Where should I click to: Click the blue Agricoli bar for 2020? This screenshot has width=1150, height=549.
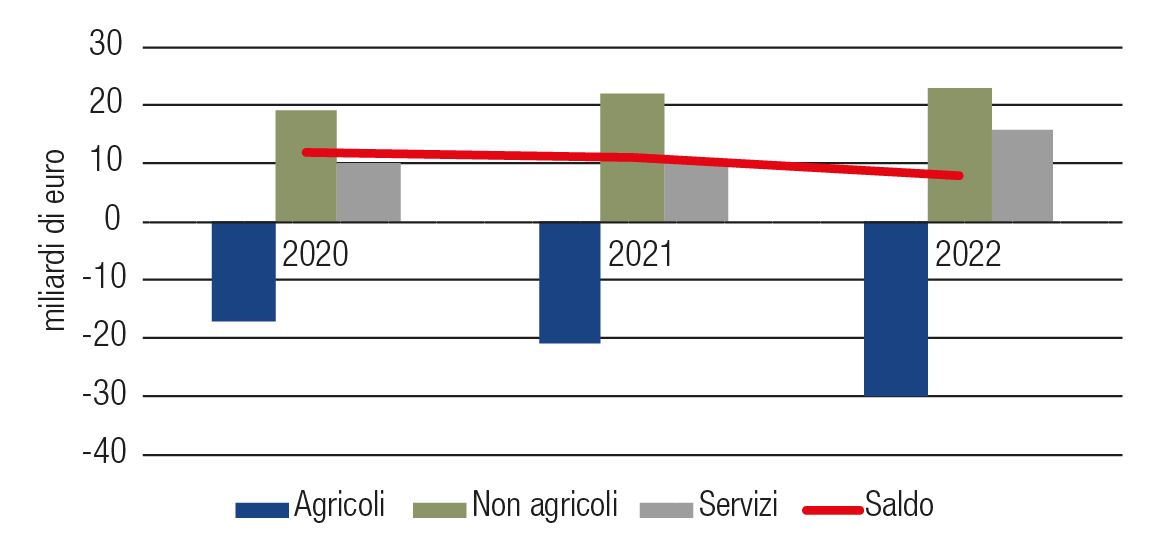point(243,271)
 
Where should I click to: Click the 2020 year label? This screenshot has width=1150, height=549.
point(316,254)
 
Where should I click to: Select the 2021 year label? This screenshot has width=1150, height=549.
point(641,254)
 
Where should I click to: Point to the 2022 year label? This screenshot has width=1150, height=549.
point(968,254)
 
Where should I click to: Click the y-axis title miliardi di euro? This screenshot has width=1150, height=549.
point(55,240)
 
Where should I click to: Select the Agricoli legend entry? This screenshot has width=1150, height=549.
point(339,505)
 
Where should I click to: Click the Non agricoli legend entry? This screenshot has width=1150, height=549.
point(545,505)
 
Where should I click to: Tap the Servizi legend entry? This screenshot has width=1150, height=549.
point(738,505)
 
